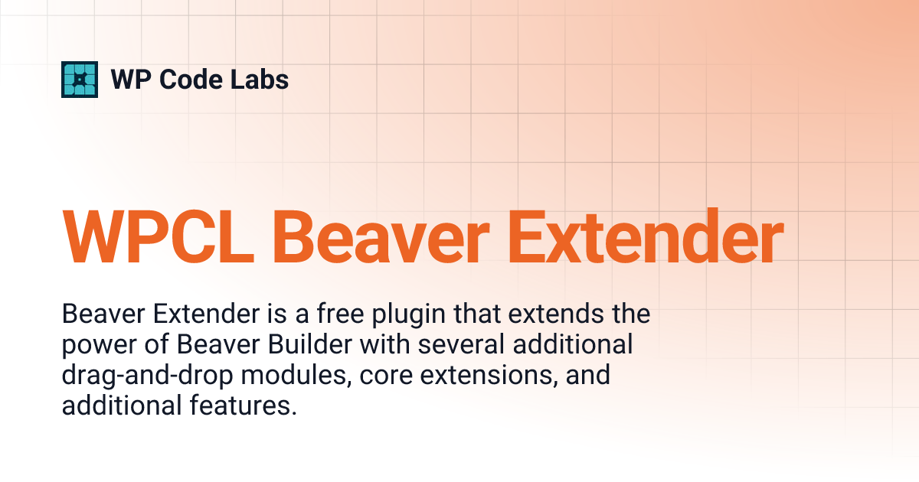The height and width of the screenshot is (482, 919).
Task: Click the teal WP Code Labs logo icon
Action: (80, 80)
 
